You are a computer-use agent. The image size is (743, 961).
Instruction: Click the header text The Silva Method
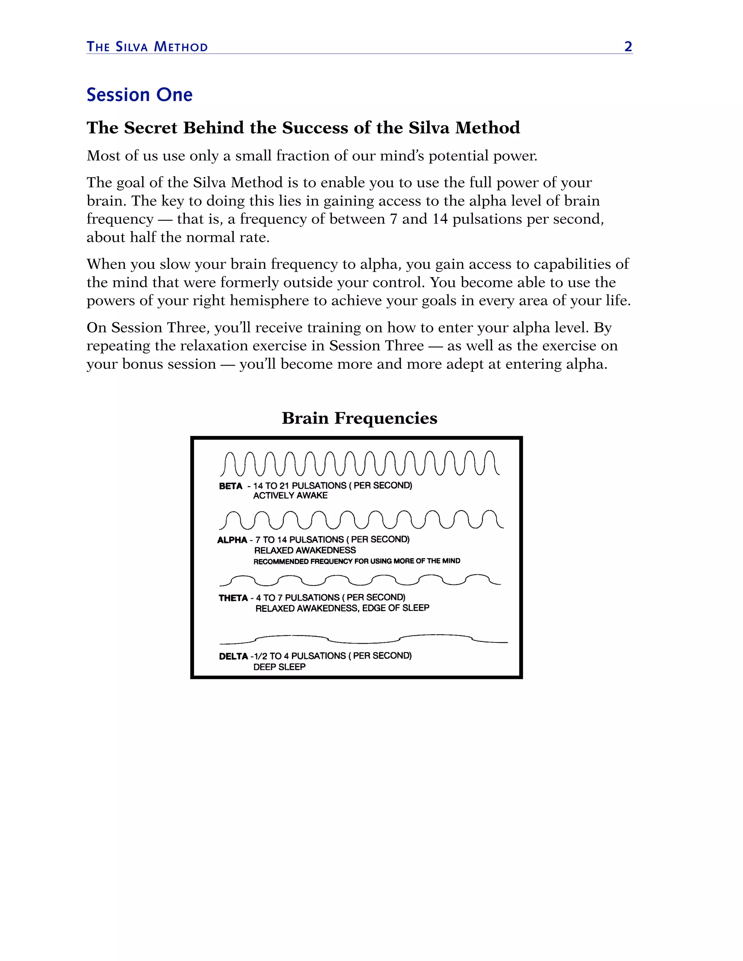click(x=147, y=47)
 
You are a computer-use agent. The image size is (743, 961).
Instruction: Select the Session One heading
click(x=140, y=95)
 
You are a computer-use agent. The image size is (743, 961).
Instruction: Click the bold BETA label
click(x=231, y=486)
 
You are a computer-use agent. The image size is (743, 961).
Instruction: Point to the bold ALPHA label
click(x=232, y=540)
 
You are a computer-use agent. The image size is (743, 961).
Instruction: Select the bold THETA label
click(x=233, y=598)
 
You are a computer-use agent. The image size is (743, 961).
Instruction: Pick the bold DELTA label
click(x=233, y=656)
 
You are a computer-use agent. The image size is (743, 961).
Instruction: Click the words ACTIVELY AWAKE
click(x=291, y=495)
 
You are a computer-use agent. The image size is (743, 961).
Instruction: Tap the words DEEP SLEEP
click(x=279, y=667)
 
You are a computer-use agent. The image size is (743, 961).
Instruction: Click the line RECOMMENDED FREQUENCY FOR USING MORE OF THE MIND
click(x=357, y=561)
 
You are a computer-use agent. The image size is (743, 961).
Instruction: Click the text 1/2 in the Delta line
click(x=260, y=656)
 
